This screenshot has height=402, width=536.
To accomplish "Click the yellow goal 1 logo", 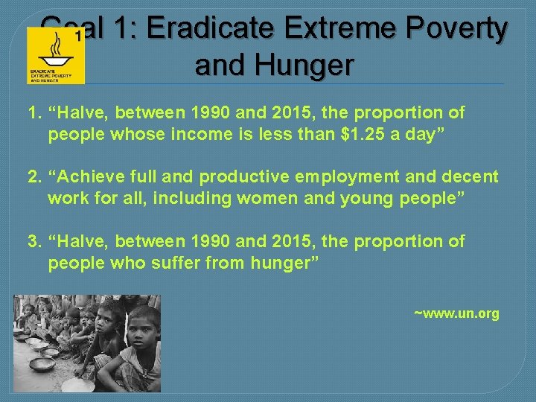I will [x=56, y=56].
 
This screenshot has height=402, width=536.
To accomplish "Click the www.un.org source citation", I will [x=456, y=313].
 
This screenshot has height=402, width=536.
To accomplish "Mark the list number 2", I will [x=33, y=177].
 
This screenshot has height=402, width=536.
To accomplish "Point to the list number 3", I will [x=33, y=242].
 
